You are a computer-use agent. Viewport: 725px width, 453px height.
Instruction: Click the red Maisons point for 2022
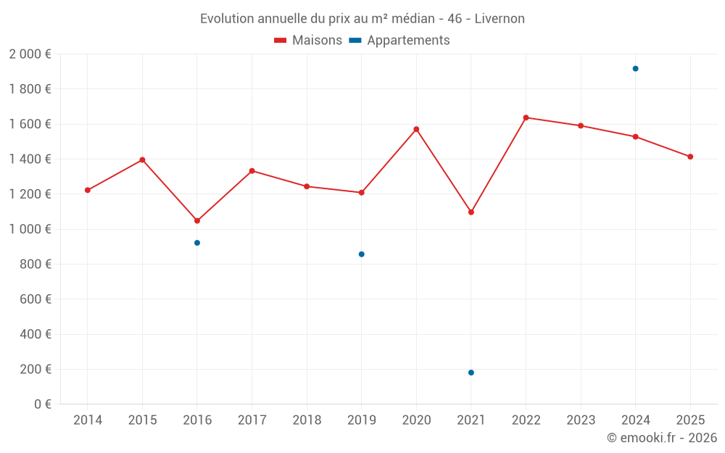526,117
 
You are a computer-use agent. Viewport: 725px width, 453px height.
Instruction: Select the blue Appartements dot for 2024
635,69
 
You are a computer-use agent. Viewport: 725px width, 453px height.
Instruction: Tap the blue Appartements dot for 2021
471,373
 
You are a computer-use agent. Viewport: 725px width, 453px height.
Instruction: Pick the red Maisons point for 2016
197,220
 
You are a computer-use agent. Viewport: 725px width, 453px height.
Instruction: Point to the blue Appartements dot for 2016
197,243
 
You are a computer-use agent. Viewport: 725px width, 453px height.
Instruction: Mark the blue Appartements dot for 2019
362,254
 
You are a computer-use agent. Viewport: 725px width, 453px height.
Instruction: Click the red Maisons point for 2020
416,129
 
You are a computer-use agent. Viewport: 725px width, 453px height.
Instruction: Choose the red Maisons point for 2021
471,212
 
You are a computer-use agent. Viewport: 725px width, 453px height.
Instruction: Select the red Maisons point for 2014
88,190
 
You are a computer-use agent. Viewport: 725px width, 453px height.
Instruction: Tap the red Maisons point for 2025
690,157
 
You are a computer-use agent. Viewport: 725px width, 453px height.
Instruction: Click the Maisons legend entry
308,41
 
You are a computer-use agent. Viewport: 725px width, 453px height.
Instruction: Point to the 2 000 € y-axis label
30,54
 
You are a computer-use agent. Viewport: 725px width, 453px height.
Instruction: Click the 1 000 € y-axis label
30,229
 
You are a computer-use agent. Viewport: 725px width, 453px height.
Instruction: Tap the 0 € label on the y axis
43,404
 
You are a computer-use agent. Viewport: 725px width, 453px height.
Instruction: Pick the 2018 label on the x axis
307,420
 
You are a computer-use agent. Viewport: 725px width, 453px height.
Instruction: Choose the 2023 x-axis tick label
581,420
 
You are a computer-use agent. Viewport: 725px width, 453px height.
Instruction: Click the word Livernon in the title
500,18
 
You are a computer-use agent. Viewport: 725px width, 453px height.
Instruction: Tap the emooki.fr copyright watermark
661,438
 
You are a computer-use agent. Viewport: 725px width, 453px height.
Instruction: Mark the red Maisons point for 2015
142,159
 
